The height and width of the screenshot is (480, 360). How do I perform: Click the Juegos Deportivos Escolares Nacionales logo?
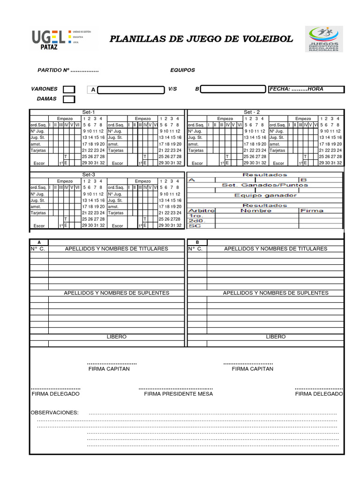[324, 38]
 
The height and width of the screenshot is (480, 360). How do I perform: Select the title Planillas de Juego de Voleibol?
[201, 39]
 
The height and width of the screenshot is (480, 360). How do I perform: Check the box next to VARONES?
[69, 90]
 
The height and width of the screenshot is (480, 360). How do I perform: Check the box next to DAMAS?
[69, 99]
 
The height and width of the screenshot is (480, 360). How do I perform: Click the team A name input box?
[131, 90]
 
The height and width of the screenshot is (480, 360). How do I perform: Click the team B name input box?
[233, 89]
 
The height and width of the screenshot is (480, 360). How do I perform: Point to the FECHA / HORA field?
[307, 89]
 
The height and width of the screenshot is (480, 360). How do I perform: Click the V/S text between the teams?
[172, 89]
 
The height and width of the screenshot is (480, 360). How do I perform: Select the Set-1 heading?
[89, 112]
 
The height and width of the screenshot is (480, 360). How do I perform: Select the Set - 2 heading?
[252, 112]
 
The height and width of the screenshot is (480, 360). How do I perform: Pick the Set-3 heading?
[89, 174]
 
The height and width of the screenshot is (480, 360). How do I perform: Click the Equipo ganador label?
[265, 195]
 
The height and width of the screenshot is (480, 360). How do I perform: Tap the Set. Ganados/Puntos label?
[265, 185]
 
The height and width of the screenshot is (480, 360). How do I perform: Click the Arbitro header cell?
[201, 211]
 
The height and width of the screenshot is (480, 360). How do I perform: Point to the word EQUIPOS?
[183, 70]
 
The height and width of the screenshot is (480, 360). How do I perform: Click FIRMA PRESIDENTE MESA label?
[178, 394]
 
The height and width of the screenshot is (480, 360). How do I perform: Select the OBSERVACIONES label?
[54, 412]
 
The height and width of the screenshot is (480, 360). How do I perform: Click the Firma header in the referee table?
[312, 211]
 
